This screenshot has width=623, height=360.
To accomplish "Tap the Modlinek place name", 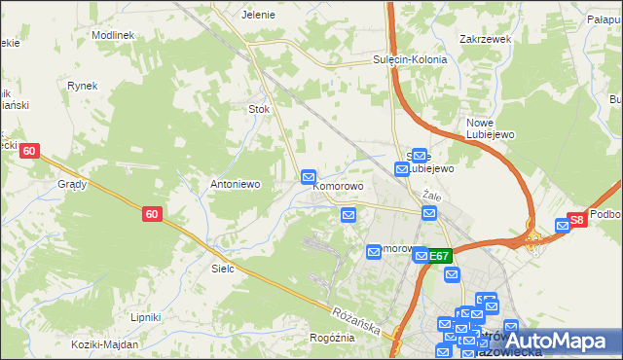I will coord(112,34).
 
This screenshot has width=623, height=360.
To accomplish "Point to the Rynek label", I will coord(83,86).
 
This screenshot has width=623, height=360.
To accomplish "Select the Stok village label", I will coord(259,109).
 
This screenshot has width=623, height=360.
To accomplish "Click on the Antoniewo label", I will coord(234,183).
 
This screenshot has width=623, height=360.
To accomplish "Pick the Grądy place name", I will coord(72,183).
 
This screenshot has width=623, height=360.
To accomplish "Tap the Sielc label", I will coord(224,268).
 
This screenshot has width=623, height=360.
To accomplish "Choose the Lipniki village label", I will coord(145,317).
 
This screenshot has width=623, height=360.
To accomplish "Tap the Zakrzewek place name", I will coord(485,41).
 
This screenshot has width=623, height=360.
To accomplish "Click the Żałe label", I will coord(432,196).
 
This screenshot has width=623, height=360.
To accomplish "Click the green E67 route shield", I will coord(440,256).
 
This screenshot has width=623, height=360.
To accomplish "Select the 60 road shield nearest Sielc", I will coord(152,214).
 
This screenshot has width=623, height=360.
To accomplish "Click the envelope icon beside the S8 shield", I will coord(562,226).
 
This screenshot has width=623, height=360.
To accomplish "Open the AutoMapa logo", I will coord(557,340).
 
